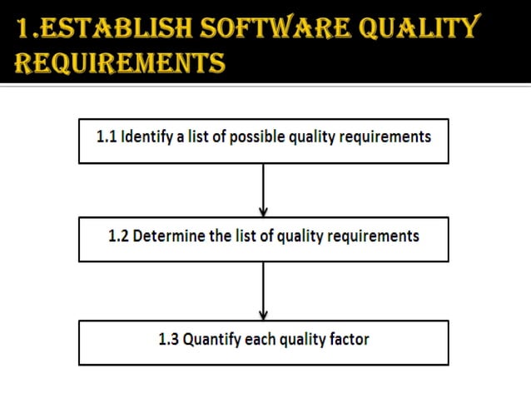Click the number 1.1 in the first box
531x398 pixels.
[107, 137]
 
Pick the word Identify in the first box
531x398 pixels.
[147, 137]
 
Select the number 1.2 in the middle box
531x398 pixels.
[119, 236]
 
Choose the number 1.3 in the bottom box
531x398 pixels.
[169, 339]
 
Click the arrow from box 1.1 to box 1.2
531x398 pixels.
[264, 190]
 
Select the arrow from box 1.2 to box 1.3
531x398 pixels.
[264, 291]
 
